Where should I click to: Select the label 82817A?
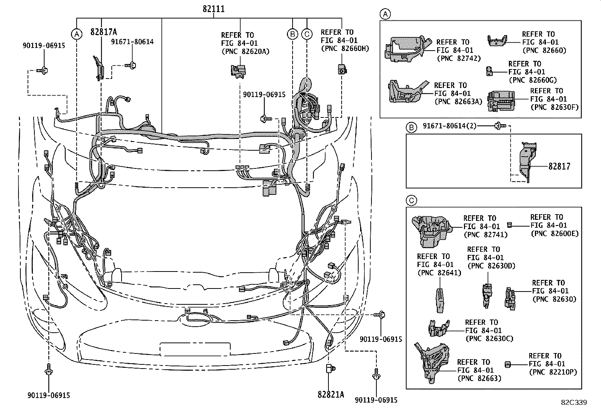pyautogui.click(x=103, y=32)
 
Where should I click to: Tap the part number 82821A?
pyautogui.click(x=331, y=394)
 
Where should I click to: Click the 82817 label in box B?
pyautogui.click(x=559, y=166)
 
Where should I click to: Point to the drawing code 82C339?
pyautogui.click(x=573, y=403)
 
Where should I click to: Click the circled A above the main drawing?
pyautogui.click(x=77, y=34)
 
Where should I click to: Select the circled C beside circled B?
pyautogui.click(x=307, y=34)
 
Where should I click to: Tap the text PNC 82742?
pyautogui.click(x=459, y=59)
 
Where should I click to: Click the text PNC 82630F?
pyautogui.click(x=554, y=107)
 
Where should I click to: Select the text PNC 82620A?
pyautogui.click(x=245, y=51)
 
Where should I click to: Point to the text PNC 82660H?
pyautogui.click(x=345, y=48)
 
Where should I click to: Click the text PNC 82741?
pyautogui.click(x=485, y=234)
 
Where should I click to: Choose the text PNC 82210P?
pyautogui.click(x=553, y=372)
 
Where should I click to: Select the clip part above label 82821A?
pyautogui.click(x=329, y=369)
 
